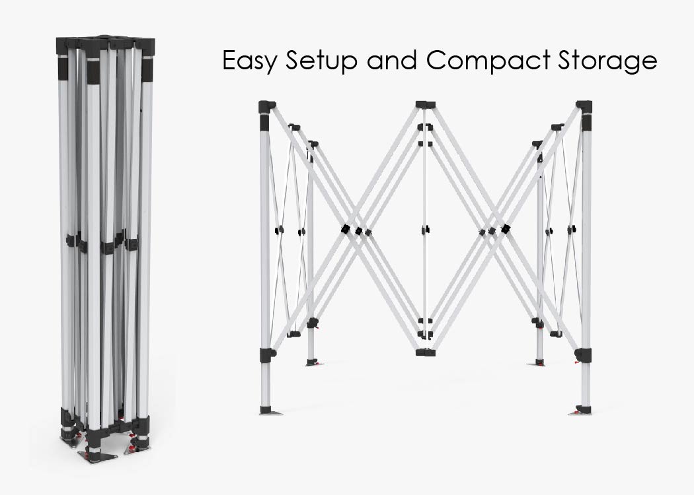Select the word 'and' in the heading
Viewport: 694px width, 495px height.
[389, 60]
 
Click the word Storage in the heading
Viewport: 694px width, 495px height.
[606, 61]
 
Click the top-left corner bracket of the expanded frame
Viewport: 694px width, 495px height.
[266, 106]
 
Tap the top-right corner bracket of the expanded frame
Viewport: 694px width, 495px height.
[584, 106]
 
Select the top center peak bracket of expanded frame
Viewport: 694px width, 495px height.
[425, 105]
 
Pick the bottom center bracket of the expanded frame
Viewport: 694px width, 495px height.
[425, 352]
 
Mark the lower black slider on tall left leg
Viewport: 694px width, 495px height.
[266, 354]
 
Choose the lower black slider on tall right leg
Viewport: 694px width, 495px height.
[583, 354]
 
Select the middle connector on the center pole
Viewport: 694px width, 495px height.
[425, 230]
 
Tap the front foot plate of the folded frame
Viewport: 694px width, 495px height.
[97, 455]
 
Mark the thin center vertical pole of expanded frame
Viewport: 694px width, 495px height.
[425, 277]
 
